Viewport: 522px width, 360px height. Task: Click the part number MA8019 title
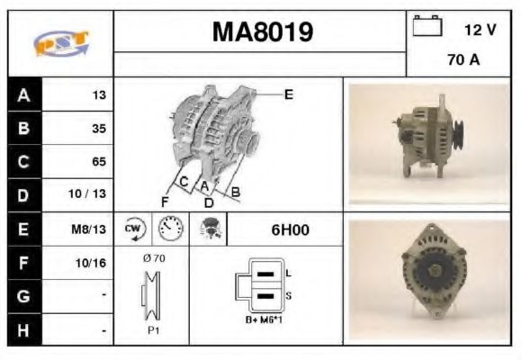(262, 32)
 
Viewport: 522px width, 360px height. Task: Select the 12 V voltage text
(480, 30)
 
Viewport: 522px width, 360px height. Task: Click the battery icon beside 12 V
(426, 28)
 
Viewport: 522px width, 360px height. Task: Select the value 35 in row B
(98, 129)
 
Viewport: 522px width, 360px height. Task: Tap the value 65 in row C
(98, 162)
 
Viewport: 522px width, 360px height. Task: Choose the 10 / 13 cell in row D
(92, 195)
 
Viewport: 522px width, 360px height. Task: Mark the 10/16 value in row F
(92, 263)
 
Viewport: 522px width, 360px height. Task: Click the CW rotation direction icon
(133, 229)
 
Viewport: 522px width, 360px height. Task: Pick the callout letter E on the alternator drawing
(288, 94)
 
